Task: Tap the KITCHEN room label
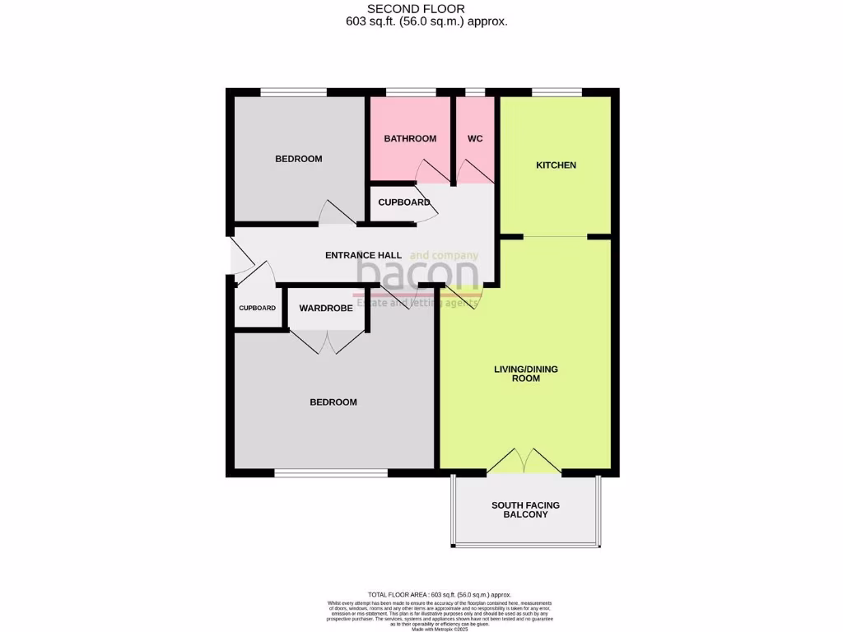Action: click(x=556, y=165)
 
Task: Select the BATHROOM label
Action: click(x=410, y=138)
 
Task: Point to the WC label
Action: click(x=475, y=138)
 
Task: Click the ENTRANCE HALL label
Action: click(x=363, y=255)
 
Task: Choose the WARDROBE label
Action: click(x=326, y=308)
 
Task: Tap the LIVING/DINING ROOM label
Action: click(x=525, y=374)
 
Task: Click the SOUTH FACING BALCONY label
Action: click(x=525, y=509)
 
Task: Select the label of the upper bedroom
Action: click(x=298, y=159)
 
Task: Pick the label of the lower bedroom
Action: click(x=333, y=402)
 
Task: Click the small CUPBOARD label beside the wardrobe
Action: click(x=257, y=308)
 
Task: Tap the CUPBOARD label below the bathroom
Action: click(x=404, y=202)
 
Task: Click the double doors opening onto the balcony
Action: click(x=524, y=461)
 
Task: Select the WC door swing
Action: click(x=472, y=171)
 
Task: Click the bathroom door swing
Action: click(x=431, y=171)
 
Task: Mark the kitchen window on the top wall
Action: click(x=557, y=92)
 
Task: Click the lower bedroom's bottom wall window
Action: click(x=331, y=473)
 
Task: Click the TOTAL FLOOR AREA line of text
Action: click(x=440, y=594)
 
